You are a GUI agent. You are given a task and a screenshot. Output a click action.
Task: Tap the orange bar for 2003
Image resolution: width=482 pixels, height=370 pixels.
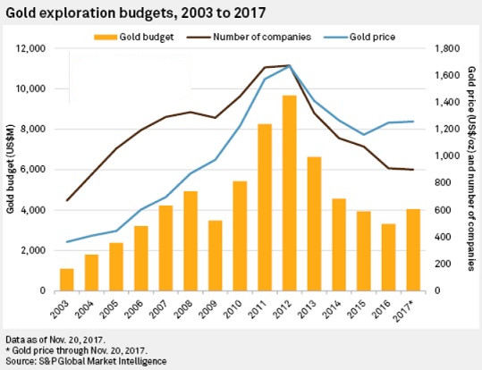pos(67,279)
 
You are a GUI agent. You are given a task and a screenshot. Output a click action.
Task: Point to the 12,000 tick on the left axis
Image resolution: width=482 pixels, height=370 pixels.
pos(30,48)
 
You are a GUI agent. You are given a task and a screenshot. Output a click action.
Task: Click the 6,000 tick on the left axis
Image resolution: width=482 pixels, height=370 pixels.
pos(33,170)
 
